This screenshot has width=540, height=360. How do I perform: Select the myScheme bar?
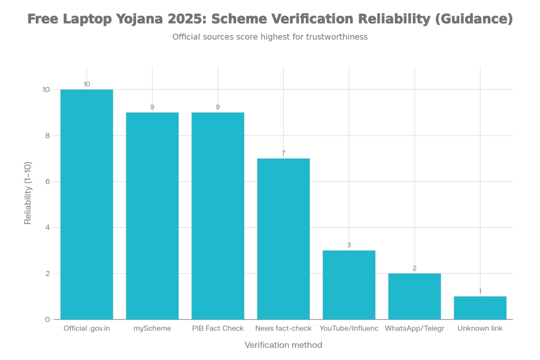(152, 216)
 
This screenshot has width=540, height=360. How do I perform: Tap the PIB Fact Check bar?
(218, 216)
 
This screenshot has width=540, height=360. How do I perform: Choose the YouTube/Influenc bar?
(349, 285)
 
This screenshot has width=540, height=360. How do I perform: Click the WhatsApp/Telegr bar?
(414, 296)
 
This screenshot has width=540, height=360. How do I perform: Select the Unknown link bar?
(480, 308)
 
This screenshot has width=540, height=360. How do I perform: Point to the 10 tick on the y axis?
(46, 90)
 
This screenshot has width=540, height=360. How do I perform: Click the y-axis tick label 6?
(48, 182)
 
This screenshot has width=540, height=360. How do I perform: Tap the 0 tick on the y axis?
(48, 319)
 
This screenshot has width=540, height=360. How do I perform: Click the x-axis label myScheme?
(152, 329)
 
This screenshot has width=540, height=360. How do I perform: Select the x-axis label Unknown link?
(480, 329)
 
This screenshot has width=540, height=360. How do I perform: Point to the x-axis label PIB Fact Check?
(218, 329)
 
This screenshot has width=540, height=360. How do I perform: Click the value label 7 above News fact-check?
(283, 153)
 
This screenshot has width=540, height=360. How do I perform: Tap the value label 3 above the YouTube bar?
(349, 245)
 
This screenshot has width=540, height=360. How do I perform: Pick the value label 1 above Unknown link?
(480, 291)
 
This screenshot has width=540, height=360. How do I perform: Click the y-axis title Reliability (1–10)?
(28, 193)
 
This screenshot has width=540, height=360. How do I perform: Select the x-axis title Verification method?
(283, 345)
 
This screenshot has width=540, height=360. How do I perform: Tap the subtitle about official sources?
(269, 37)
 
